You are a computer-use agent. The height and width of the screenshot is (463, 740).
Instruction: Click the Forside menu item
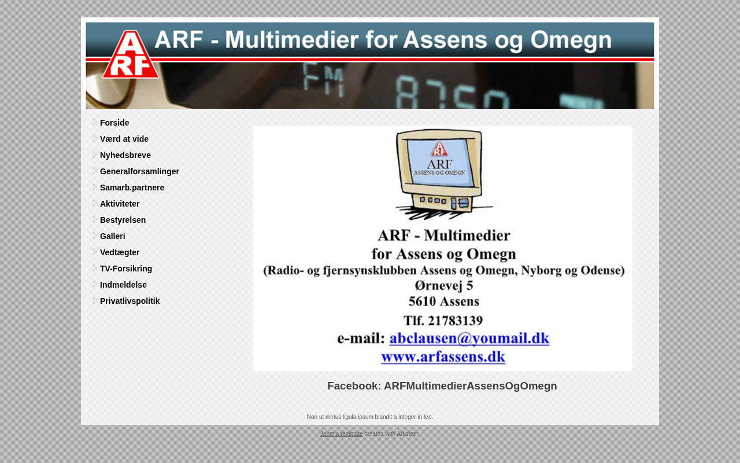[114, 123]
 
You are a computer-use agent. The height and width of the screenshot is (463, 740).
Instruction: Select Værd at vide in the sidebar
[124, 139]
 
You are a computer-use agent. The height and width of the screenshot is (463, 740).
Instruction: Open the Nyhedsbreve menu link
[125, 155]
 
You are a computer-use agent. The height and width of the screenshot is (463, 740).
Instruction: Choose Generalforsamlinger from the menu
[139, 171]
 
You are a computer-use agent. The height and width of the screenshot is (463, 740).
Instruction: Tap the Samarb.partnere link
[132, 188]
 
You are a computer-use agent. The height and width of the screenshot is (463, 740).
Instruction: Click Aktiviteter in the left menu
[120, 204]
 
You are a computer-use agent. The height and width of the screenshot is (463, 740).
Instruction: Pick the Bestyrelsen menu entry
[123, 220]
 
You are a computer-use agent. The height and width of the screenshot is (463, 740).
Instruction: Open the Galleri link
[112, 236]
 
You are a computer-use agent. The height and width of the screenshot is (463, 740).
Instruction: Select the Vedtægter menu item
[120, 252]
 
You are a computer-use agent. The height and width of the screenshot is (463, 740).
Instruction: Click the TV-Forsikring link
[126, 269]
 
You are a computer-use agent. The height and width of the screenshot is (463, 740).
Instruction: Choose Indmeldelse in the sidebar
[123, 285]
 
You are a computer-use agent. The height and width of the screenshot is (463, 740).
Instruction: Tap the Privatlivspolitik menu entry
[129, 301]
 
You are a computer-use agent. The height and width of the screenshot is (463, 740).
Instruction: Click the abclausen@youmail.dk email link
[469, 339]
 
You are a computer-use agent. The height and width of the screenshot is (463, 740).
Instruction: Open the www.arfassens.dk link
[443, 357]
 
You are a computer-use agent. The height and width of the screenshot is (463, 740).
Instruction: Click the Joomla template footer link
[341, 433]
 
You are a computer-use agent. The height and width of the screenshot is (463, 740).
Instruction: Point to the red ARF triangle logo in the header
[131, 56]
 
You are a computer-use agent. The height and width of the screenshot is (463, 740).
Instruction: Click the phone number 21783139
[455, 321]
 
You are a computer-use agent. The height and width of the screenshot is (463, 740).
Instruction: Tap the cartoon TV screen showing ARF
[439, 162]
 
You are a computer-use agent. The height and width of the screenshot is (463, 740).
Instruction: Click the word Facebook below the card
[354, 386]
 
